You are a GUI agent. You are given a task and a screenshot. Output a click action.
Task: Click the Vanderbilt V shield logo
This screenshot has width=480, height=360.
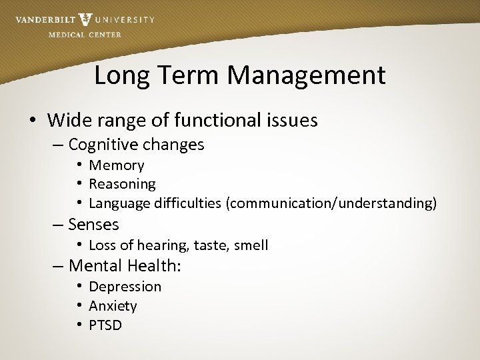tap(85, 19)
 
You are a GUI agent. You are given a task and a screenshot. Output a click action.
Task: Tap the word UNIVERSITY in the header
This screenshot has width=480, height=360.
tap(125, 20)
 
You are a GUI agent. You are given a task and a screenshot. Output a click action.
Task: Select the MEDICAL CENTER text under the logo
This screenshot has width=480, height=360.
tap(85, 35)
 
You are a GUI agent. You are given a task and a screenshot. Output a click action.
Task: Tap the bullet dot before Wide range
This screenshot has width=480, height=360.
tap(32, 121)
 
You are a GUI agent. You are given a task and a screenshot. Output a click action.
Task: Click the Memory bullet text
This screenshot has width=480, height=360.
tap(117, 165)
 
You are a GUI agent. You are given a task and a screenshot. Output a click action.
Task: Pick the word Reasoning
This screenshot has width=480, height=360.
tap(122, 183)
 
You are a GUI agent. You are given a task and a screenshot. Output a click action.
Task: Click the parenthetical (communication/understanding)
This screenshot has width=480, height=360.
tap(332, 203)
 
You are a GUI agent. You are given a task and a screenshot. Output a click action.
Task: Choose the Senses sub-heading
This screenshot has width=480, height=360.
tap(93, 225)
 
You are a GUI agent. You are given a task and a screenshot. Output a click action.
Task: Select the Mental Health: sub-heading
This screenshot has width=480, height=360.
tap(125, 266)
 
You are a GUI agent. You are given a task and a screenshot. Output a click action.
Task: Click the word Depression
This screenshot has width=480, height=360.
tap(125, 287)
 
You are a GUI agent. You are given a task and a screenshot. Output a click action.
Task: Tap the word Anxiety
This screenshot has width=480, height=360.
tap(113, 306)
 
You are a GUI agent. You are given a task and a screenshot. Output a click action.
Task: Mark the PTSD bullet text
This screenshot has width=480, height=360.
tap(105, 325)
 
